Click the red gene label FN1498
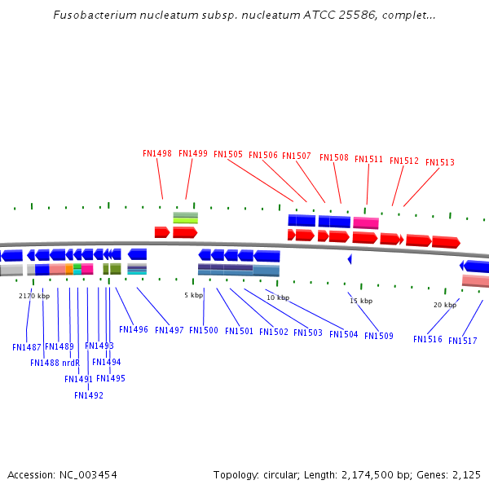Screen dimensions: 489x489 pos(156,153)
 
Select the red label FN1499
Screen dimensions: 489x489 pos(193,153)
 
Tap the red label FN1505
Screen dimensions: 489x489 pos(228,154)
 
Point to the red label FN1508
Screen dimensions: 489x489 pos(334,158)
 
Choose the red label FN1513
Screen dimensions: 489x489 pos(440,163)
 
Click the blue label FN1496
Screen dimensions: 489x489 pos(134,330)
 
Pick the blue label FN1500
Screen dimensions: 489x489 pos(204,331)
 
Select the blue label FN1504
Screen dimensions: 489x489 pos(344,335)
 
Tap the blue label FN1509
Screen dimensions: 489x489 pos(379,337)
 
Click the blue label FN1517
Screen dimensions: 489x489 pos(463,341)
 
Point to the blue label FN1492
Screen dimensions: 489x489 pos(89,396)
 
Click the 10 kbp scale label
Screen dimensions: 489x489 pos(278,298)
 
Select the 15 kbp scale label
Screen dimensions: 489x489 pos(361,302)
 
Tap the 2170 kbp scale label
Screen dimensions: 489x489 pos(34,297)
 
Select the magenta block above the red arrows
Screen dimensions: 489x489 pos(366,222)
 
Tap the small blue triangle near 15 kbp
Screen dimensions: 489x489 pos(350,259)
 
